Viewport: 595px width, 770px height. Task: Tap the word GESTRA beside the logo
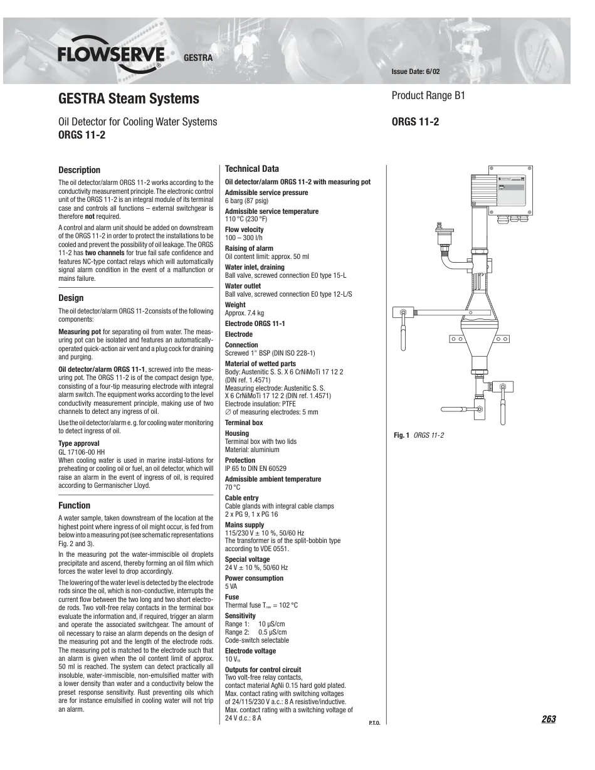click(198, 58)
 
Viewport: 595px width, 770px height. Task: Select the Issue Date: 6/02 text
click(416, 71)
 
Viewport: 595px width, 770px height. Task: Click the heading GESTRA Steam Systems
click(129, 98)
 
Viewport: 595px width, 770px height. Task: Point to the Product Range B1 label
click(428, 95)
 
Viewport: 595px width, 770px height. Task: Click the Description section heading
click(80, 170)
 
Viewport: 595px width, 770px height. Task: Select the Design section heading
click(71, 298)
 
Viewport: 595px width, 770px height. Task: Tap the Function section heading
click(75, 505)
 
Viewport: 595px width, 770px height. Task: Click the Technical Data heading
click(252, 169)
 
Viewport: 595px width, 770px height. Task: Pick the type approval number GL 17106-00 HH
click(82, 452)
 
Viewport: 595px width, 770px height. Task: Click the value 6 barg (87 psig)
click(246, 201)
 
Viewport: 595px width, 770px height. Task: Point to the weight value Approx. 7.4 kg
click(245, 313)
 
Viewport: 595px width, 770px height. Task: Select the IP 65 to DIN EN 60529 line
click(256, 468)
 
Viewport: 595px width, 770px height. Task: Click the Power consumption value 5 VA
click(231, 586)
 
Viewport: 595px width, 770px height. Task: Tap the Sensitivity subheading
click(240, 616)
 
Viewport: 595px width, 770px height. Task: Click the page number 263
click(549, 719)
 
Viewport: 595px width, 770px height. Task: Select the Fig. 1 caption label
click(401, 435)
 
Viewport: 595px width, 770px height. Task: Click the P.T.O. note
click(374, 723)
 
